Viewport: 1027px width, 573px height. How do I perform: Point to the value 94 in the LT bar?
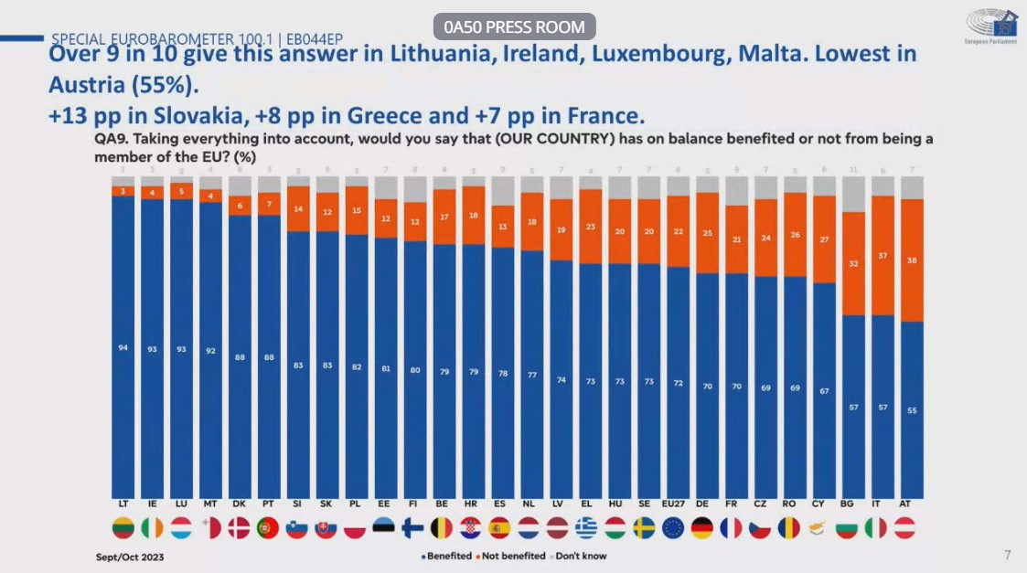123,348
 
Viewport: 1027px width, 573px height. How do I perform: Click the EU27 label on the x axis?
678,504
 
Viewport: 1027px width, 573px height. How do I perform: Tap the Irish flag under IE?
152,527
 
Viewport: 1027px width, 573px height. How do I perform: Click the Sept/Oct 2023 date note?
130,556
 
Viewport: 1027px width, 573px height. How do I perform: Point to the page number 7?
1008,555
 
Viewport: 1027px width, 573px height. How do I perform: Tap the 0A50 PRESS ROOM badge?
515,27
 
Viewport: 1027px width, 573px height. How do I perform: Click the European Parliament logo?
991,27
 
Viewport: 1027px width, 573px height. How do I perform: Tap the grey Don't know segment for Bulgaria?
853,195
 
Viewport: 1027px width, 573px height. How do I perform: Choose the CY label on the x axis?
824,504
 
